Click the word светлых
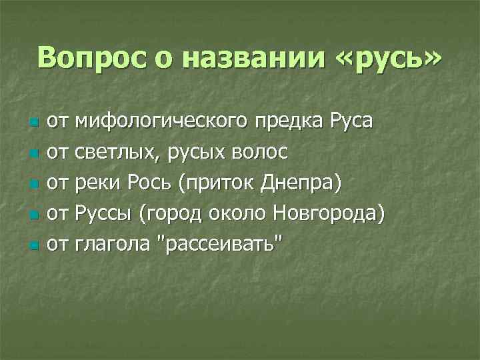[117, 153]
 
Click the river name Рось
[155, 183]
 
